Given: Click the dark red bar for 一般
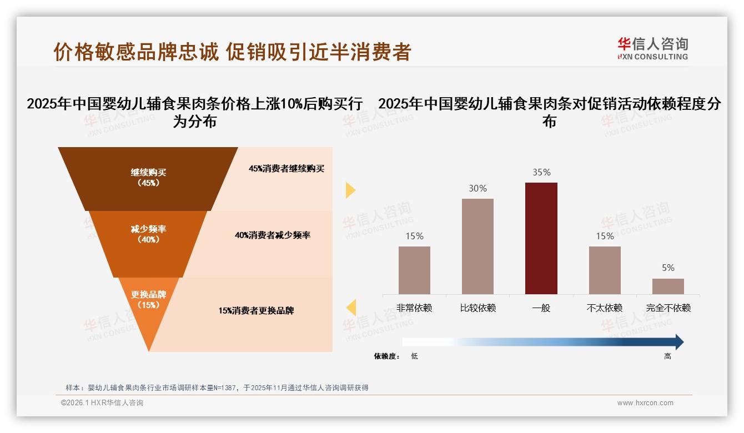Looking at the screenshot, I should pyautogui.click(x=541, y=238).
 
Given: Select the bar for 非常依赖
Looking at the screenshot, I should pyautogui.click(x=414, y=270).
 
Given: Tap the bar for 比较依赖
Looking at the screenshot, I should pyautogui.click(x=477, y=246).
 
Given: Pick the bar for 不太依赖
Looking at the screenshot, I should pyautogui.click(x=605, y=270).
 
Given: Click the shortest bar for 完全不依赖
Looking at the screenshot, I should pyautogui.click(x=668, y=286).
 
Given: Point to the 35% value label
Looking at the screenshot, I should pyautogui.click(x=541, y=173).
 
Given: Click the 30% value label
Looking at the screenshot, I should pyautogui.click(x=477, y=189).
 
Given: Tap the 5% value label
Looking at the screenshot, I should pyautogui.click(x=668, y=268).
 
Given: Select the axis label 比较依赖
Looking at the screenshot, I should pyautogui.click(x=477, y=308).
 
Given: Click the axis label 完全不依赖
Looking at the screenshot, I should pyautogui.click(x=668, y=308).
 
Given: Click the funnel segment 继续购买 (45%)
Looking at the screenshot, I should pyautogui.click(x=148, y=178).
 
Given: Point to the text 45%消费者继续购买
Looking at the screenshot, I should pyautogui.click(x=286, y=169).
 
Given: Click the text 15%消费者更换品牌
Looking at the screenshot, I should pyautogui.click(x=256, y=311).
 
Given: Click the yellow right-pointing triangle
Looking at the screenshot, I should pyautogui.click(x=350, y=190).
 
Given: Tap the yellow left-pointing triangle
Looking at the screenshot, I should pyautogui.click(x=351, y=307).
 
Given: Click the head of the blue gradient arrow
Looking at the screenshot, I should pyautogui.click(x=678, y=342).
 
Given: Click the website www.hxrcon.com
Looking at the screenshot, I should pyautogui.click(x=645, y=403).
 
